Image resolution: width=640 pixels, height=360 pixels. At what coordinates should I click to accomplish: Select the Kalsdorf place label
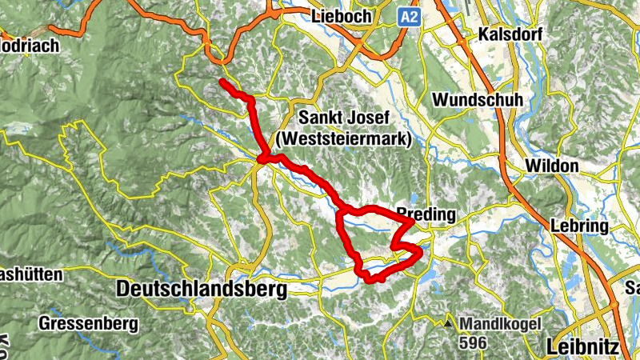click(x=510, y=35)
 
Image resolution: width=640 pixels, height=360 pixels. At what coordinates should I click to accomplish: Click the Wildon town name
click(x=552, y=166)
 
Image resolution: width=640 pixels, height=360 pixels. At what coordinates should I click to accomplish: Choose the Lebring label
click(x=579, y=226)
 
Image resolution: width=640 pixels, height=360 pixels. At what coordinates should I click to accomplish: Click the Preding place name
click(x=426, y=214)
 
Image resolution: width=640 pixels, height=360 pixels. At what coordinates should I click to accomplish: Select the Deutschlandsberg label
click(x=202, y=290)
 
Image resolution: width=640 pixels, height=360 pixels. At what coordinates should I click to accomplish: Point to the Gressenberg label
click(x=88, y=324)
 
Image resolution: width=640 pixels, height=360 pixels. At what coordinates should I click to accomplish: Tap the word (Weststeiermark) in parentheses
click(x=342, y=138)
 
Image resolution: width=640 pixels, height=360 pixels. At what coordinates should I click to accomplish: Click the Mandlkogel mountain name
click(x=501, y=324)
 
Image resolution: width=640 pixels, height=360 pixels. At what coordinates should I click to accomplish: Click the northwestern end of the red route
click(x=222, y=82)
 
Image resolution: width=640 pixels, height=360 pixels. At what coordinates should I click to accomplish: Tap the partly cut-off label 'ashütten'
click(x=30, y=274)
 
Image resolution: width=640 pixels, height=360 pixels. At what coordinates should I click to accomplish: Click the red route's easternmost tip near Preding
click(x=420, y=253)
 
